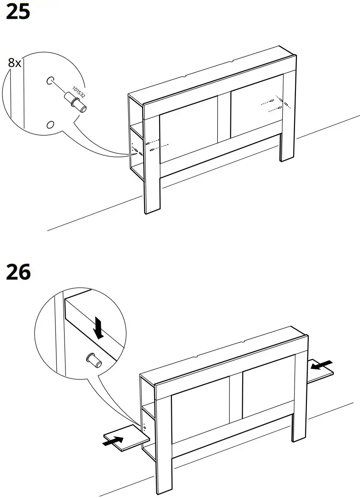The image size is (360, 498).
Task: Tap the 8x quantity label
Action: [x=15, y=63]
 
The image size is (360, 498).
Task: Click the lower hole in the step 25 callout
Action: [x=50, y=124]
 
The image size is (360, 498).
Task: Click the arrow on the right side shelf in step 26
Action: [x=321, y=365]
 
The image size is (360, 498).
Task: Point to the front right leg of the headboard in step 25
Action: [x=287, y=141]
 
